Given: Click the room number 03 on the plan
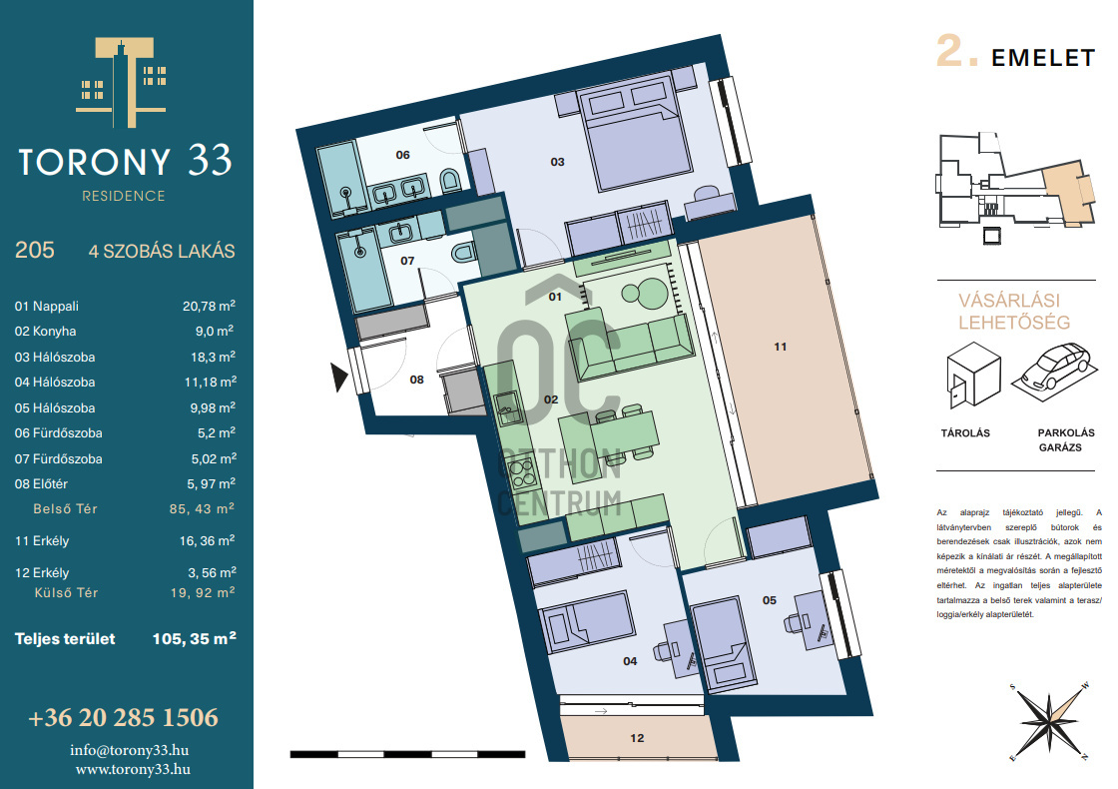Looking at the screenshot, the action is pyautogui.click(x=557, y=162).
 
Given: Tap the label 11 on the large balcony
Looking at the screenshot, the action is pyautogui.click(x=780, y=347).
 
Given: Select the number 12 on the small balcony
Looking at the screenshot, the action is pyautogui.click(x=637, y=738).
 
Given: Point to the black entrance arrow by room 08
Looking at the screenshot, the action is pyautogui.click(x=338, y=377).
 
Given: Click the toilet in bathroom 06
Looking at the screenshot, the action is pyautogui.click(x=450, y=181).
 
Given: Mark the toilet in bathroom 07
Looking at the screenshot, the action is pyautogui.click(x=464, y=252).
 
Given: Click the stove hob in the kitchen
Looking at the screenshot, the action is pyautogui.click(x=520, y=470).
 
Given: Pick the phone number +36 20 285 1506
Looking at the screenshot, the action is pyautogui.click(x=124, y=717).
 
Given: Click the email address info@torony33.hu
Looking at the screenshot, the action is pyautogui.click(x=129, y=750).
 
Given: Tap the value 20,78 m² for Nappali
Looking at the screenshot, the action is pyautogui.click(x=209, y=306).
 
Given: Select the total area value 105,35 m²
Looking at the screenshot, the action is pyautogui.click(x=194, y=638).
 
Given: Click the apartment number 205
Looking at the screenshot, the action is pyautogui.click(x=34, y=251).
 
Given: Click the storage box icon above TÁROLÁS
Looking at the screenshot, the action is pyautogui.click(x=973, y=374).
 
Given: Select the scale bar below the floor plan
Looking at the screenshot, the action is pyautogui.click(x=408, y=754).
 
